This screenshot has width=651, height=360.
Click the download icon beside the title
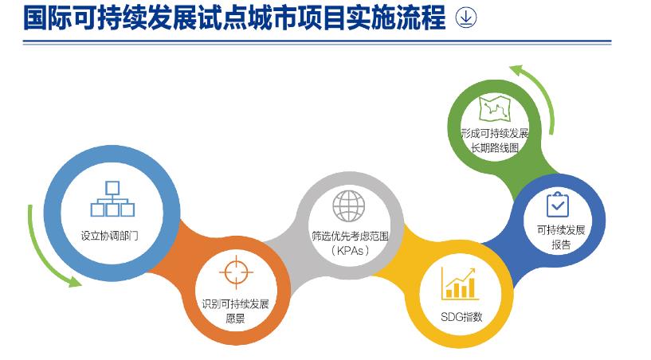[466, 18]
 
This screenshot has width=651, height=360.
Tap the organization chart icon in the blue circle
[112, 199]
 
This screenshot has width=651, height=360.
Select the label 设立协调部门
[110, 236]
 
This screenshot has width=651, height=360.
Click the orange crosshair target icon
[236, 272]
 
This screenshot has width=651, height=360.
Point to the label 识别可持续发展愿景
[235, 311]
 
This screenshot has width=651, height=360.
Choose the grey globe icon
[349, 206]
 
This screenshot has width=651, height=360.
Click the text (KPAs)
[350, 251]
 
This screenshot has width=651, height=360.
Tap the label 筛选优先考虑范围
[350, 237]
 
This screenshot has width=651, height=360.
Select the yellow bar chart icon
[459, 284]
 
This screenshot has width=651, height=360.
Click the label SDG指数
[461, 317]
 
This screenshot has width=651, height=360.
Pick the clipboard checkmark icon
[557, 204]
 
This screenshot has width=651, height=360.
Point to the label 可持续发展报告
[561, 237]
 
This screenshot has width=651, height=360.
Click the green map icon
[495, 108]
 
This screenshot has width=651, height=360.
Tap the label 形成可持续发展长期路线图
[495, 140]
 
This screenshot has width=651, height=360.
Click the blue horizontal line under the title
[317, 42]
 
